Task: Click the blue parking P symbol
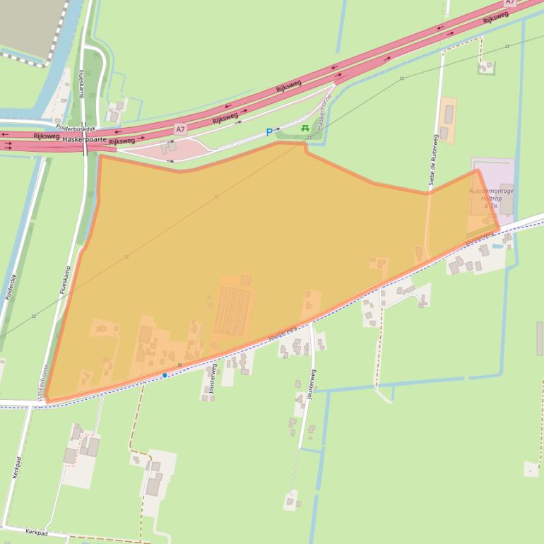pyautogui.click(x=268, y=132)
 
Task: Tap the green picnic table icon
pyautogui.click(x=304, y=128)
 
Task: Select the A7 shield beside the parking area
pyautogui.click(x=181, y=129)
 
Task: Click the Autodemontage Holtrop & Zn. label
pyautogui.click(x=491, y=198)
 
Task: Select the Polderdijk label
pyautogui.click(x=11, y=287)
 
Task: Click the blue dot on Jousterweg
pyautogui.click(x=165, y=375)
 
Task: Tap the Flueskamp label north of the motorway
pyautogui.click(x=82, y=83)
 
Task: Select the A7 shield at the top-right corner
pyautogui.click(x=510, y=3)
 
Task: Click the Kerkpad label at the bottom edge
pyautogui.click(x=36, y=533)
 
